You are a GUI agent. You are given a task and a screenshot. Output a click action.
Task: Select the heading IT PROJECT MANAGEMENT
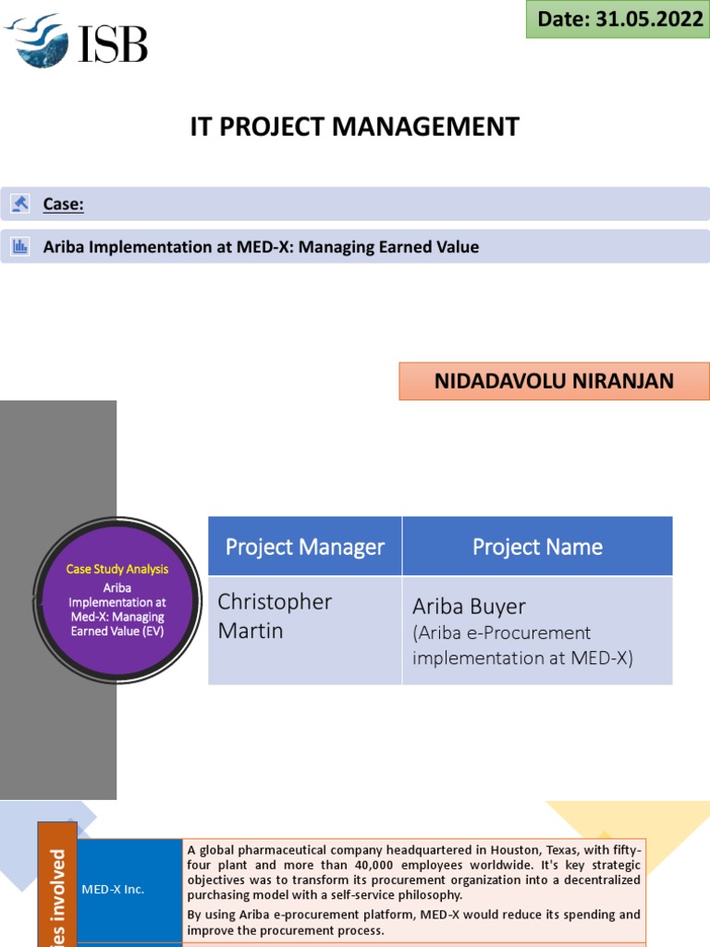(354, 127)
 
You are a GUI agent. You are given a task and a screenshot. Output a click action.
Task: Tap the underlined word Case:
(63, 203)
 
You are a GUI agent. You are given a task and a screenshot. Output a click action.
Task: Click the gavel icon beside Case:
(19, 203)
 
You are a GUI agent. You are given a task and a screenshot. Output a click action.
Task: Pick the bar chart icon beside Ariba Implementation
(19, 247)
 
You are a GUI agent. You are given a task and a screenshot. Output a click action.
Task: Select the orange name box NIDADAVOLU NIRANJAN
(554, 381)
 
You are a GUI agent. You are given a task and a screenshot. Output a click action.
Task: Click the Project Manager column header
(304, 547)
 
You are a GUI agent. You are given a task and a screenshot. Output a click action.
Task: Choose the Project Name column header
(537, 547)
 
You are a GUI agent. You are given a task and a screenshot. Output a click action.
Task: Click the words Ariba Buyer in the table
(469, 607)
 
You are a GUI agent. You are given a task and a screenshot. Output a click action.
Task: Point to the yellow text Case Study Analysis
(117, 569)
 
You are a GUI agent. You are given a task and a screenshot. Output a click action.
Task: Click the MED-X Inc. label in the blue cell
(114, 890)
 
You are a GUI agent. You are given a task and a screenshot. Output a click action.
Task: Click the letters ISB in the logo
(112, 43)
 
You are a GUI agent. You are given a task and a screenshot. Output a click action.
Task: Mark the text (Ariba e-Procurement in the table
(501, 633)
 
